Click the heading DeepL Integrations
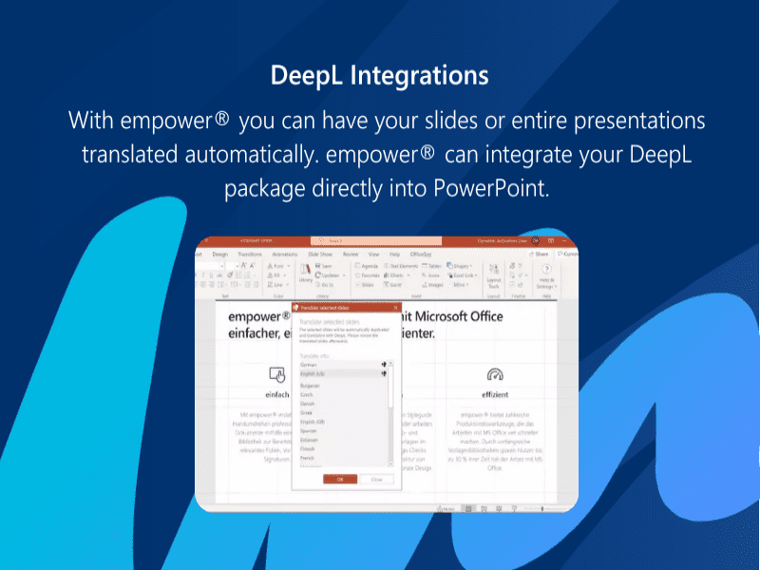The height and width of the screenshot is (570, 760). click(379, 75)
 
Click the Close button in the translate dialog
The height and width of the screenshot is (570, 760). click(377, 479)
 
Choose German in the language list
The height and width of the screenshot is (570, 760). click(308, 364)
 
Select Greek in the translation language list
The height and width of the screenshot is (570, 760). click(306, 413)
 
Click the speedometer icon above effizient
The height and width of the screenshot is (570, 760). click(494, 374)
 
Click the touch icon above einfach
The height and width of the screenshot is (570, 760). click(277, 374)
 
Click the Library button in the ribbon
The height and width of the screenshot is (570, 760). click(305, 275)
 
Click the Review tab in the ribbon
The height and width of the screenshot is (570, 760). click(351, 255)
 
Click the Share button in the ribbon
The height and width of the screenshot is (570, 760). click(541, 255)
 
